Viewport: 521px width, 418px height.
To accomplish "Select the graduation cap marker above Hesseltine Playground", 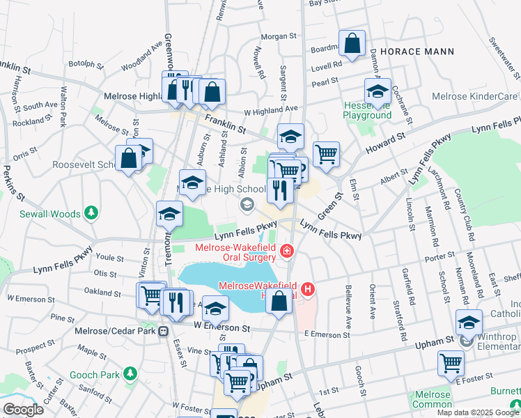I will [x=377, y=91].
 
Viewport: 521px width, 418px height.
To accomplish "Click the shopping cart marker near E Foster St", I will [x=451, y=362].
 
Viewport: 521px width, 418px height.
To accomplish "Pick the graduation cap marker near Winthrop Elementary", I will [x=469, y=323].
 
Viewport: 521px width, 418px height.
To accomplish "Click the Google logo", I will [x=22, y=410].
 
